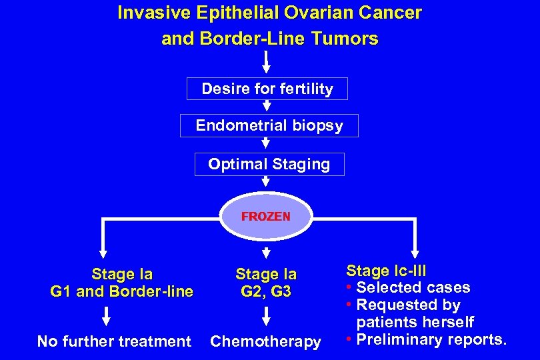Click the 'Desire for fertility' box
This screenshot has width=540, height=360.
click(267, 89)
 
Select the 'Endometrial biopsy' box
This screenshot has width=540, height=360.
click(269, 125)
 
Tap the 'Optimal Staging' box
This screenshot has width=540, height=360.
click(269, 164)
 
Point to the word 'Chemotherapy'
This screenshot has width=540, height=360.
click(265, 341)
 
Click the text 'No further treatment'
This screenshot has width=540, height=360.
click(114, 341)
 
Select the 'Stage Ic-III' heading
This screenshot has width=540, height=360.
click(386, 271)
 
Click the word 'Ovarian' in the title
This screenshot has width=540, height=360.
click(313, 13)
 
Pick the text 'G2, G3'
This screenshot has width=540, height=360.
click(265, 292)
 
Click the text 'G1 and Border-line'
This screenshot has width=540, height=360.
click(121, 291)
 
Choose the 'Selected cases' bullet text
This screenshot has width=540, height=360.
click(413, 288)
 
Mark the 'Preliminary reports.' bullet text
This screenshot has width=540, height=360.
click(431, 339)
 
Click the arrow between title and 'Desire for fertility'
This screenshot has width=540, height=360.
click(266, 63)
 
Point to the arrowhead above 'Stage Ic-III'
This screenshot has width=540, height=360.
click(415, 253)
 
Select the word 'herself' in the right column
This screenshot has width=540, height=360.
click(449, 323)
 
